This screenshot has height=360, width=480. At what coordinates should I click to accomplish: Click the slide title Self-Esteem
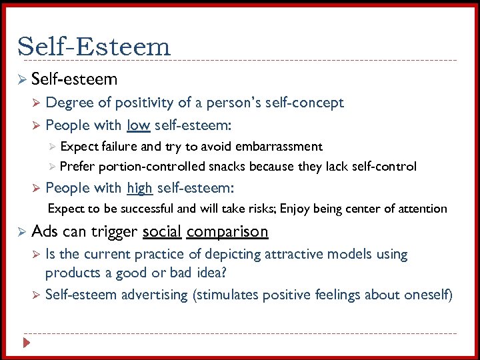click(x=94, y=47)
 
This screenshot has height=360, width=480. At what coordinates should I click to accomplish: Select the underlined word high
click(x=139, y=188)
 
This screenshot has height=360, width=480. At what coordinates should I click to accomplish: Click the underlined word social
click(x=162, y=231)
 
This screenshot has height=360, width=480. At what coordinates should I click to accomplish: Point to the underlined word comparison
click(x=227, y=232)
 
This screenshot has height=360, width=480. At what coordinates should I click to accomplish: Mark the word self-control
click(x=383, y=166)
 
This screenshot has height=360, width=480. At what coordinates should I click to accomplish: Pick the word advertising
click(x=154, y=295)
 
